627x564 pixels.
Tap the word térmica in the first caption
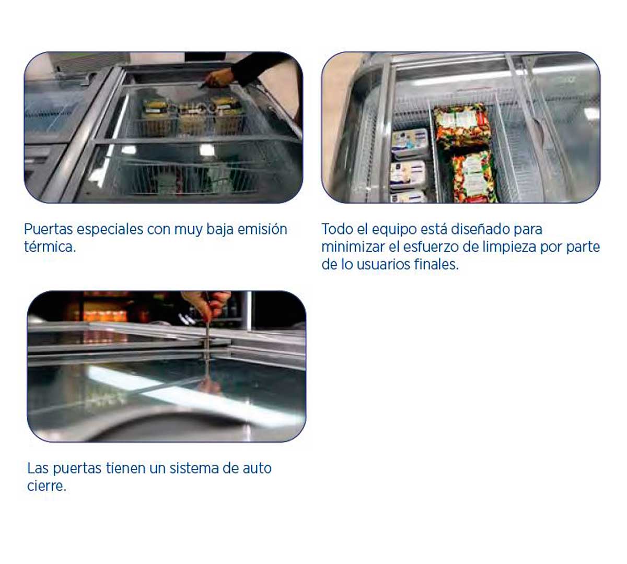click(49, 247)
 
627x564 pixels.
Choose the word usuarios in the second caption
click(383, 265)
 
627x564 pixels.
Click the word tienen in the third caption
click(125, 468)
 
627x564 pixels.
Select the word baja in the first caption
click(220, 229)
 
